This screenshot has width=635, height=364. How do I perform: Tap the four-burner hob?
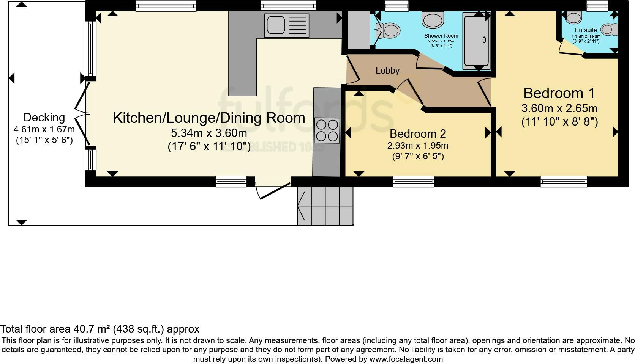click(327, 130)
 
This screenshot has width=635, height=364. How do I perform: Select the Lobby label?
click(387, 71)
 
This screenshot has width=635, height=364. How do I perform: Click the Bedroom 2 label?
click(418, 133)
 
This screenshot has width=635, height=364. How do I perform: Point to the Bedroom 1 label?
click(559, 93)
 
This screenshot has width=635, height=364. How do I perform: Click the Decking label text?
click(44, 118)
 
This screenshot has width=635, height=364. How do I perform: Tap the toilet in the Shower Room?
click(390, 30)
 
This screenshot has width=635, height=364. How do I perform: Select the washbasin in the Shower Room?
click(433, 19)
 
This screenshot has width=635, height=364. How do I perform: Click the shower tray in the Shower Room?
click(476, 41)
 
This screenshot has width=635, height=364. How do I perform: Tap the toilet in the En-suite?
click(609, 30)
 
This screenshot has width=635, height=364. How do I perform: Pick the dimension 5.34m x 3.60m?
click(209, 133)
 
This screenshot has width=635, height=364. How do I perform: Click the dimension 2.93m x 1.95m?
click(418, 146)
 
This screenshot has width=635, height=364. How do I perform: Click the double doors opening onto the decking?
click(81, 114)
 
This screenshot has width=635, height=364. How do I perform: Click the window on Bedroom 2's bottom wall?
click(413, 182)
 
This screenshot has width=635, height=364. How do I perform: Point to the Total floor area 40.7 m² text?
click(100, 329)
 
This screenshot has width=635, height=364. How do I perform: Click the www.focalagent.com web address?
click(406, 359)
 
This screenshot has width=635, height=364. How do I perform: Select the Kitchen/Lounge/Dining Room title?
click(209, 118)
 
